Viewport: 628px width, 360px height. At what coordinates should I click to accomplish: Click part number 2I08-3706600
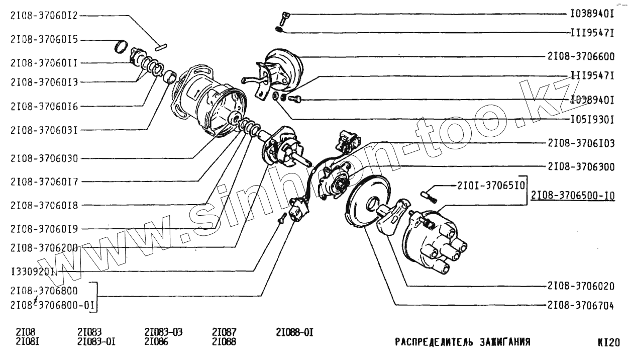(581, 56)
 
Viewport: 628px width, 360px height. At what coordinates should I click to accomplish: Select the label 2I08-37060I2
(44, 15)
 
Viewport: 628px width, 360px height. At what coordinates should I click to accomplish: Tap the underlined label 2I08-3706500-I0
(572, 196)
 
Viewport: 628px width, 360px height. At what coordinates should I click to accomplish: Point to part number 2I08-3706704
(581, 305)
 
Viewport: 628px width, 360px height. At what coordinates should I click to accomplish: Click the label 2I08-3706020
(581, 286)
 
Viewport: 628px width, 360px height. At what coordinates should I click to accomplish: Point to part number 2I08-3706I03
(581, 143)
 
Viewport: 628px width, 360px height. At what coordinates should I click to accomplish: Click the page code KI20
(608, 342)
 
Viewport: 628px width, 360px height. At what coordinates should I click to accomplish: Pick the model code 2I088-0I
(295, 332)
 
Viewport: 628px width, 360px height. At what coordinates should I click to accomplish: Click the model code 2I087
(224, 332)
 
